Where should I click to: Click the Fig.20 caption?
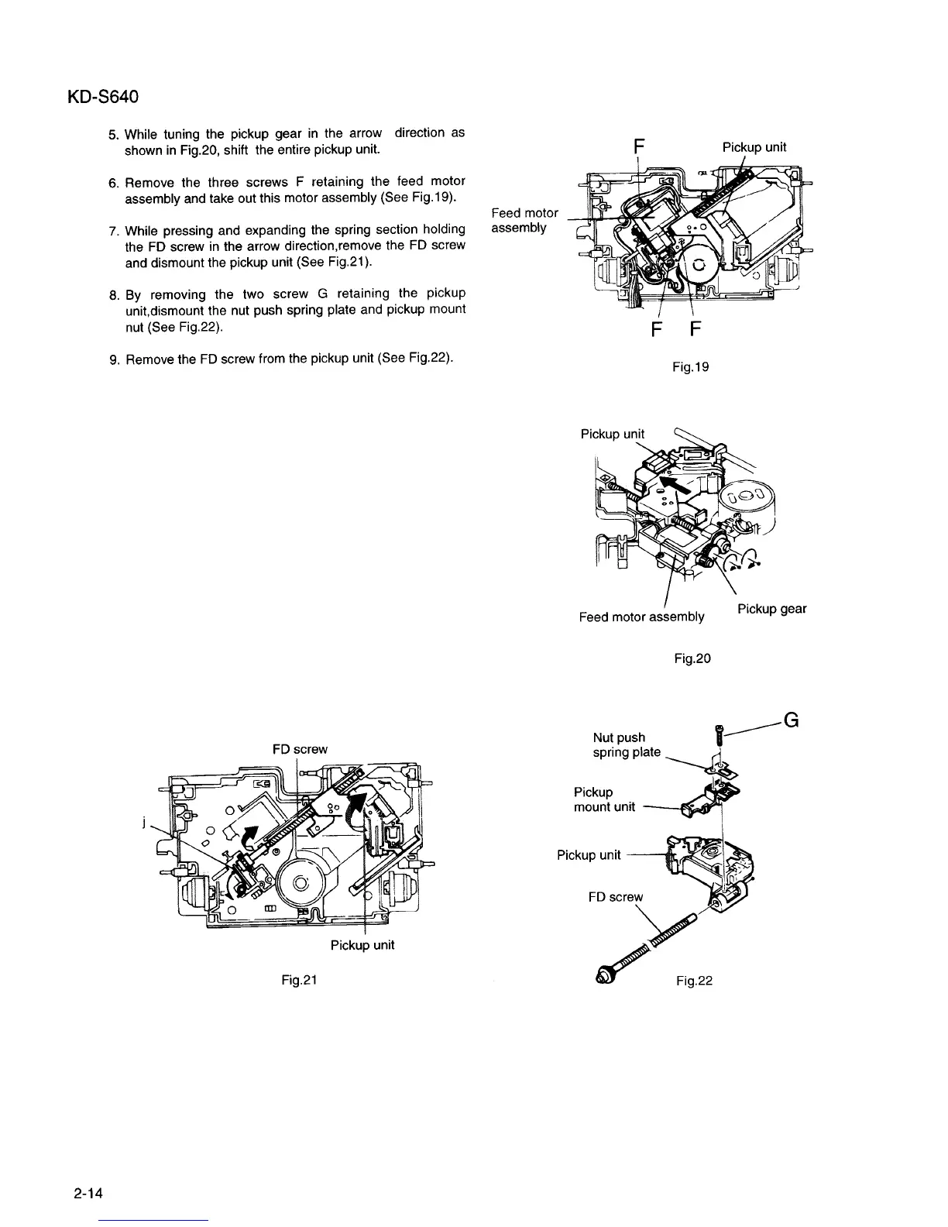click(692, 658)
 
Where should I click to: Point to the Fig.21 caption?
click(300, 979)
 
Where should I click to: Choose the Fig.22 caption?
click(693, 981)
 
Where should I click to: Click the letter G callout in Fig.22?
click(791, 720)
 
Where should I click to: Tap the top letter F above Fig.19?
click(638, 146)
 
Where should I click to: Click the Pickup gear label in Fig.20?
click(771, 609)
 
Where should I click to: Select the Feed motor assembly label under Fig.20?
click(641, 617)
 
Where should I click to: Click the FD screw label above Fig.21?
click(300, 749)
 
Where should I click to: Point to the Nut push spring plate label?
click(626, 744)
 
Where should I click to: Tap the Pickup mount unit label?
click(604, 799)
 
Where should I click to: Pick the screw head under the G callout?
click(720, 728)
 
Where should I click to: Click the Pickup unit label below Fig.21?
click(362, 945)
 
